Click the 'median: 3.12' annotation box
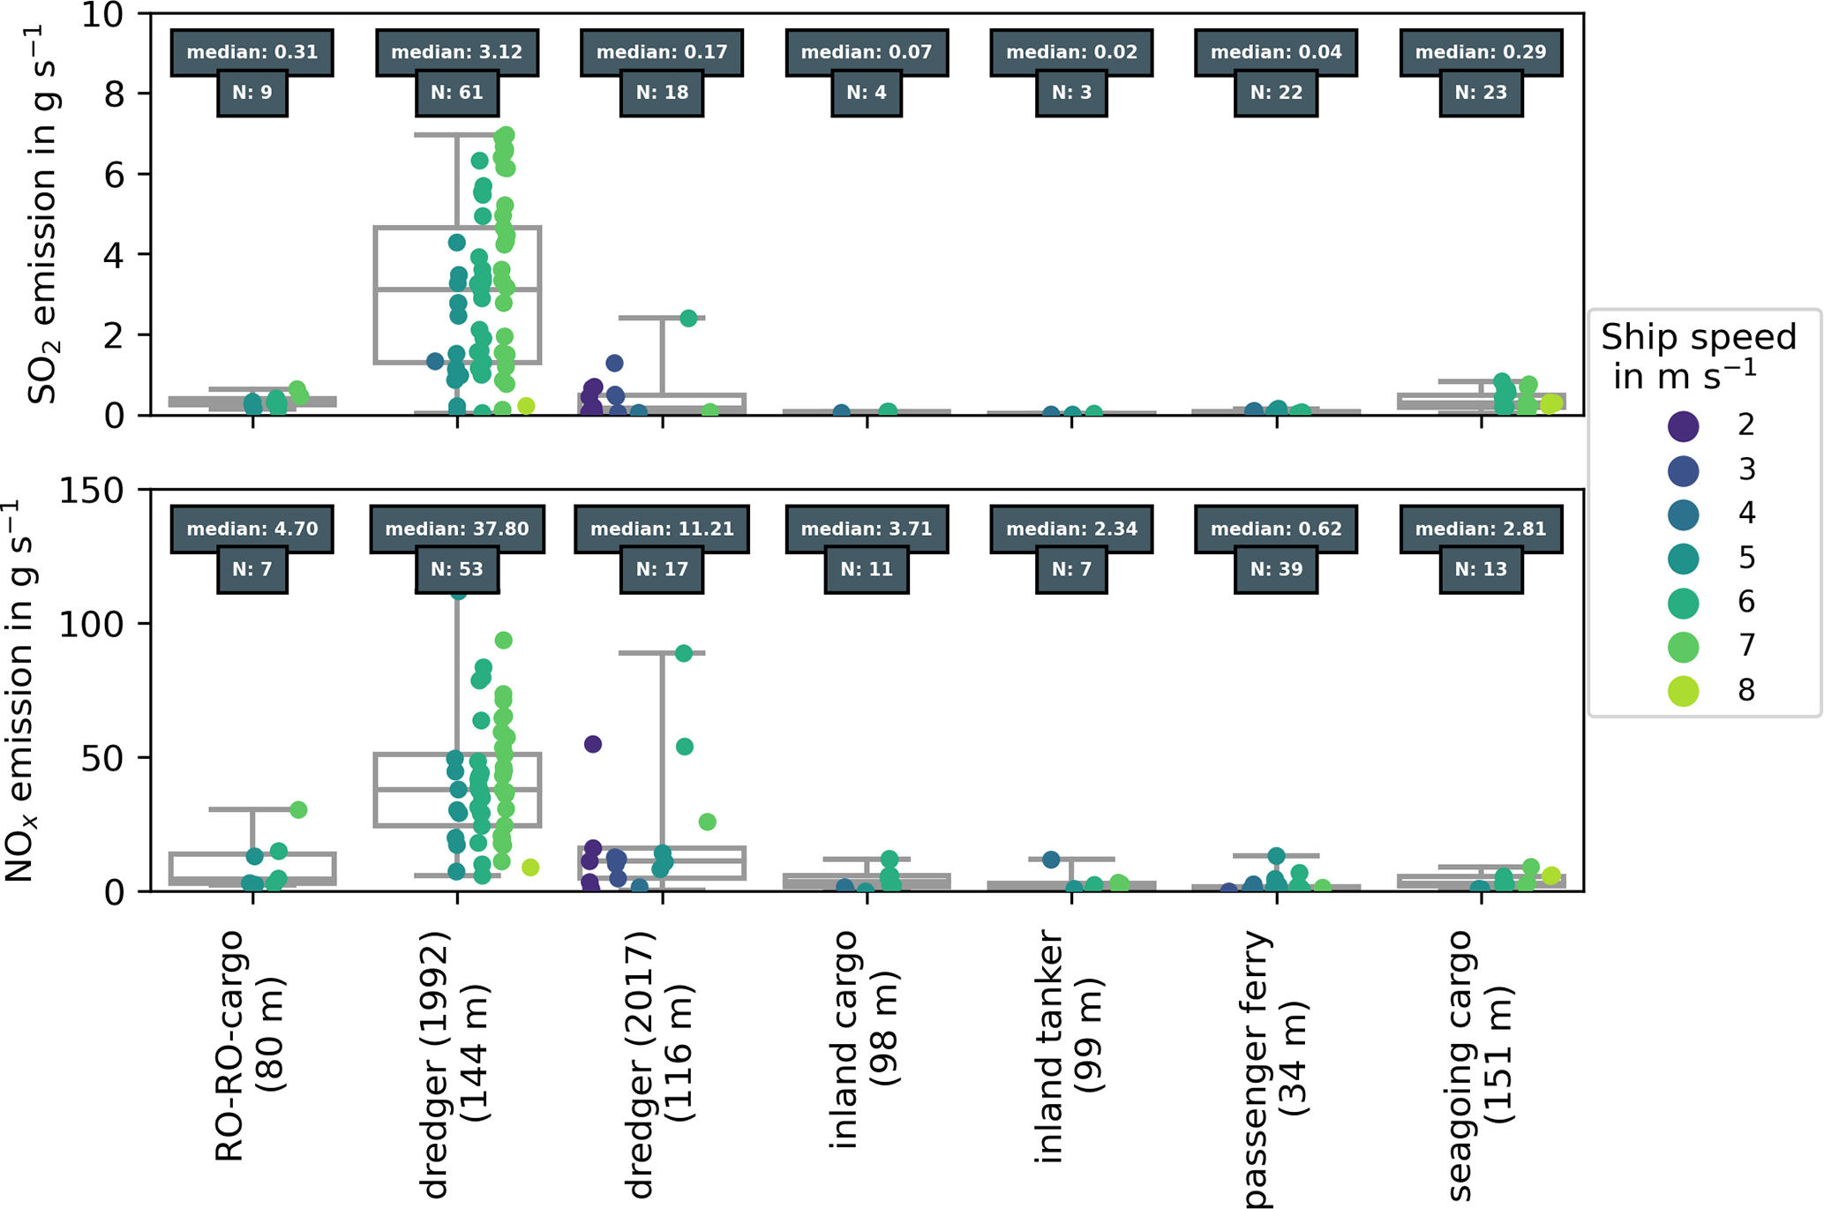click(x=456, y=52)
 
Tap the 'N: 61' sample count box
click(x=456, y=93)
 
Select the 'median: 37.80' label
click(x=456, y=529)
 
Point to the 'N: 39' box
click(x=1276, y=569)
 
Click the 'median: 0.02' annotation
click(x=1071, y=52)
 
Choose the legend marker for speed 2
click(x=1684, y=426)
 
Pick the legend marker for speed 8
click(x=1684, y=691)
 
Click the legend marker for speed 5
click(x=1684, y=559)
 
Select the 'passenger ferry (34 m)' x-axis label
click(x=1276, y=1068)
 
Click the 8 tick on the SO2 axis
click(x=114, y=94)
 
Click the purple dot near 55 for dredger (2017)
click(x=593, y=744)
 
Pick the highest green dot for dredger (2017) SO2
click(x=688, y=319)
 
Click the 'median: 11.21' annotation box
click(x=661, y=529)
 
